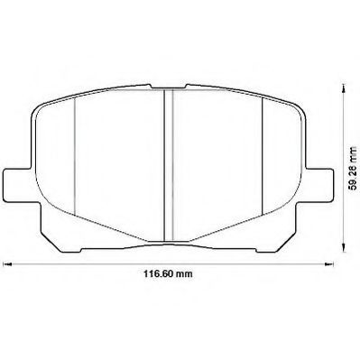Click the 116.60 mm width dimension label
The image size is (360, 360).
168,274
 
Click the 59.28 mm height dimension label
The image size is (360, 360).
354,168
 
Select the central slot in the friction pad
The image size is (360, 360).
169,165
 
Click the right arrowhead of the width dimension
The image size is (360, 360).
329,264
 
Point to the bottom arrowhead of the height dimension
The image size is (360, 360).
343,247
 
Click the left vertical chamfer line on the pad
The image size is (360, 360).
74,156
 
